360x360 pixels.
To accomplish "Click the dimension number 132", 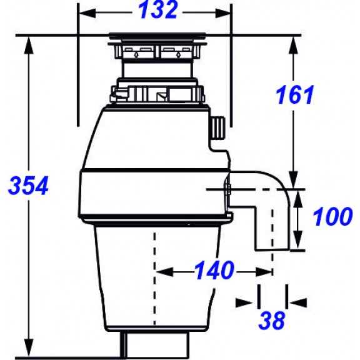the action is tap(158, 10).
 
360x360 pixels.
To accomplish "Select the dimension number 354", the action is tap(28, 185).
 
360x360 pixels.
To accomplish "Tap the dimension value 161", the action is tap(294, 94).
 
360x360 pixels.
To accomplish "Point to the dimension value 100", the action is tap(332, 216).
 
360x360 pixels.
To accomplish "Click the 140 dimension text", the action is tap(214, 270).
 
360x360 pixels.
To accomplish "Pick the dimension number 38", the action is tap(272, 320).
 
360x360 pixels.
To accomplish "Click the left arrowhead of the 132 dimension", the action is tap(87, 13).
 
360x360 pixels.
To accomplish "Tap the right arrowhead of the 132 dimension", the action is tap(222, 13).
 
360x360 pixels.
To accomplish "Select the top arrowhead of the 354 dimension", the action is tap(29, 45).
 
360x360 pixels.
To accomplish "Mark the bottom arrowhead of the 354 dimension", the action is tap(29, 348).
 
